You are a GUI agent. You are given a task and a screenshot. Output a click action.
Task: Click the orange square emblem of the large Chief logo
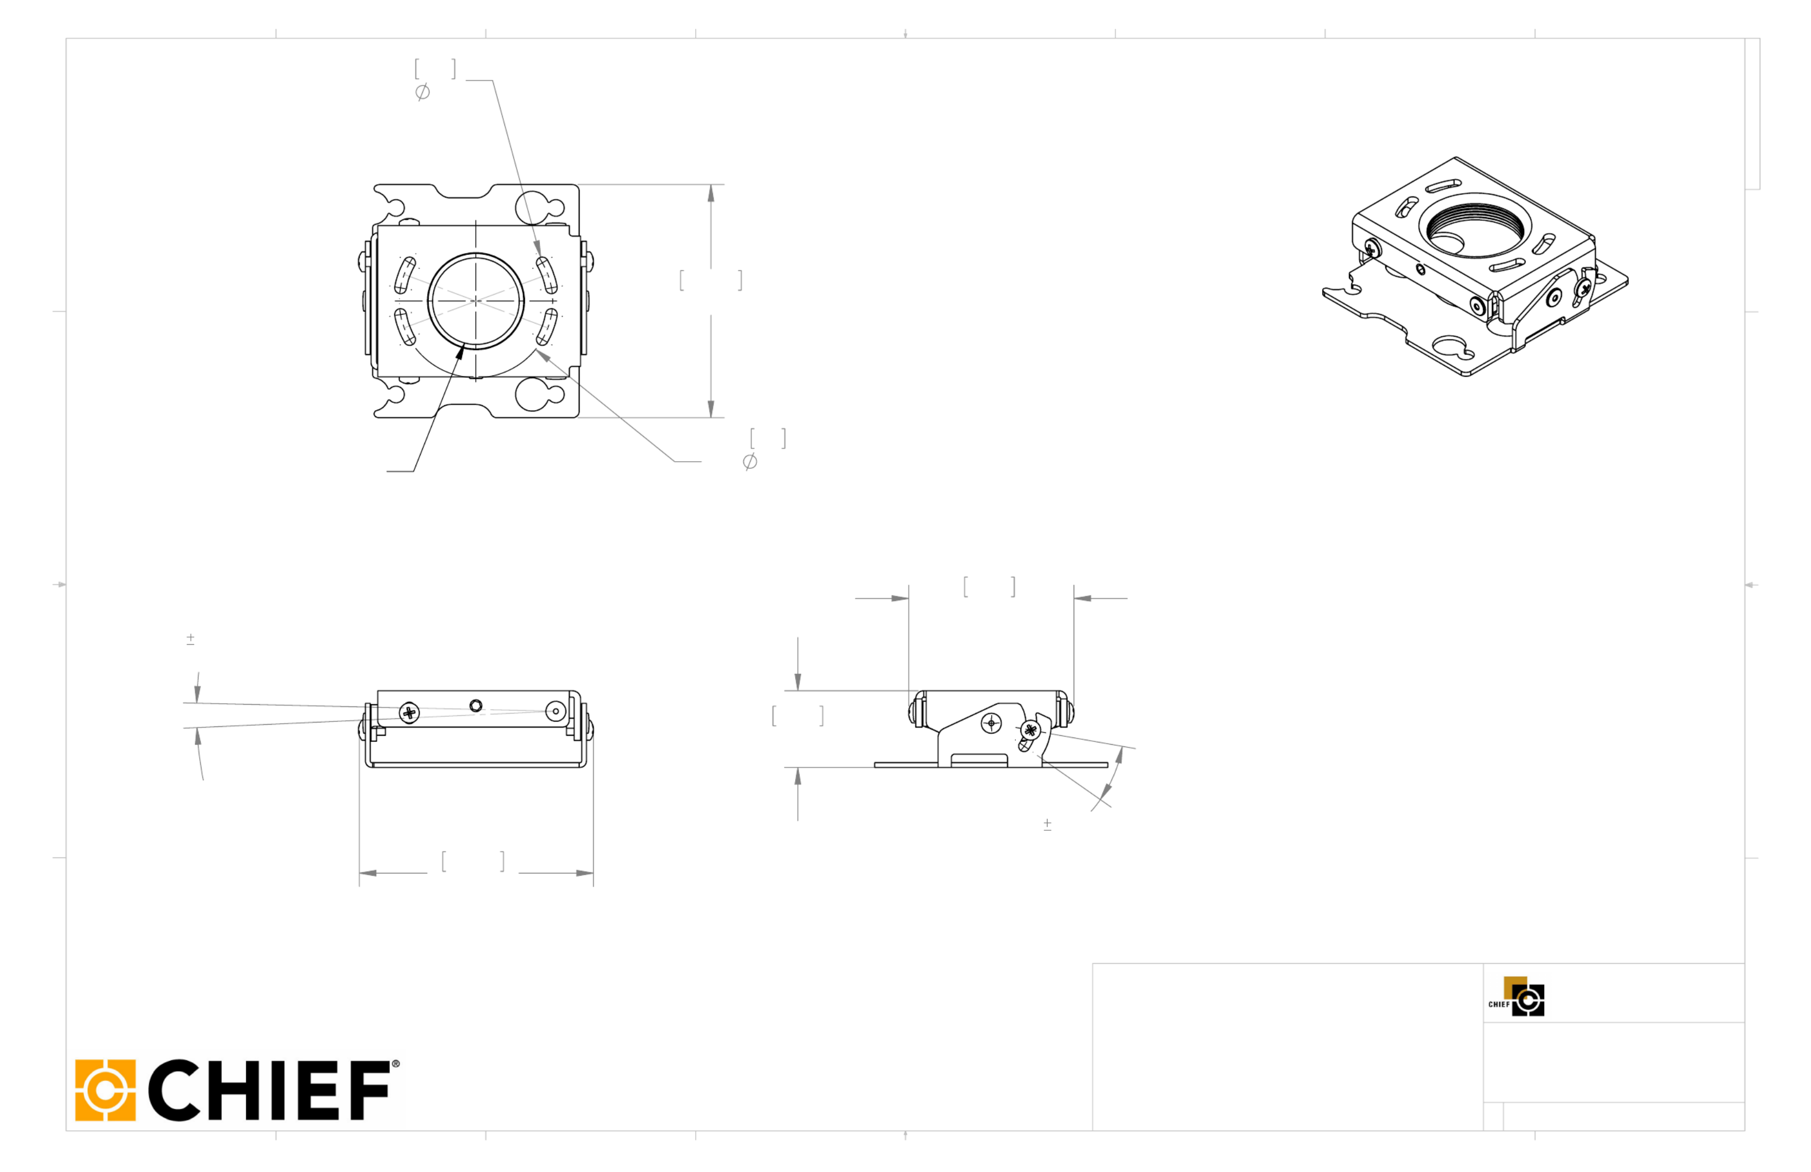[105, 1090]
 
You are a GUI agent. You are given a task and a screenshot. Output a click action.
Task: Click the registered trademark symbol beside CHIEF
[395, 1064]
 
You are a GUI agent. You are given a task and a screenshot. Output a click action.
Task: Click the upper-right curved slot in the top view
[547, 275]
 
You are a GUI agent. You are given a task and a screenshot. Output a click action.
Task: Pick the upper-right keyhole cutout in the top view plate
[539, 206]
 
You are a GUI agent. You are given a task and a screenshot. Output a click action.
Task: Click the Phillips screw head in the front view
[409, 713]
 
